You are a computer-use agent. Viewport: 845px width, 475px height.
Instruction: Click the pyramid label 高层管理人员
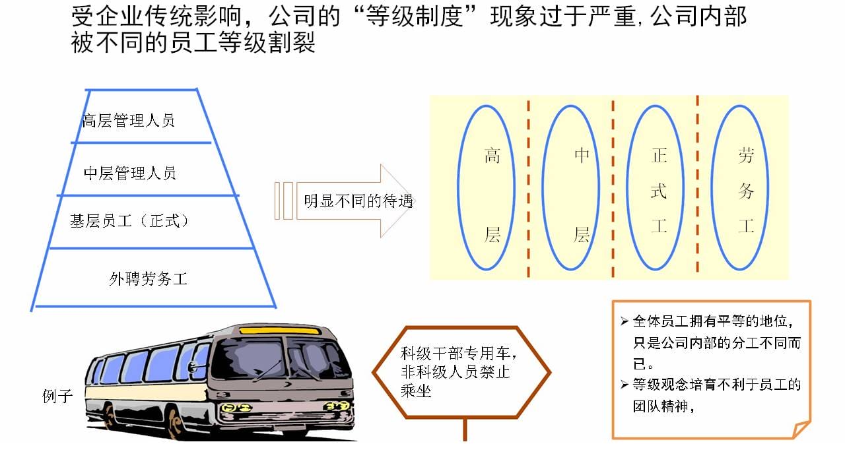tap(128, 121)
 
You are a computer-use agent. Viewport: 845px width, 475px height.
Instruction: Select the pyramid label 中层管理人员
tap(130, 174)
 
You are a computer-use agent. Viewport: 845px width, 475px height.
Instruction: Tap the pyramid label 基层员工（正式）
tap(129, 221)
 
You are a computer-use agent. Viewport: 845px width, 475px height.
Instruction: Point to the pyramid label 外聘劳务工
tap(149, 279)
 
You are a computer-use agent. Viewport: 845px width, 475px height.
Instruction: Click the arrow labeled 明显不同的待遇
tap(345, 201)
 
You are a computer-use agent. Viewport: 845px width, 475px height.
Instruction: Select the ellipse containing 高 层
tap(457, 188)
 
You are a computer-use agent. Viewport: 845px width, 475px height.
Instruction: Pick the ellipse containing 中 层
tap(542, 188)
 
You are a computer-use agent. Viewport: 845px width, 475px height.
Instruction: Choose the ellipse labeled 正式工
tap(626, 188)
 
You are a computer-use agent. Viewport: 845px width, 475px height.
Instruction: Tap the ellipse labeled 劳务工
tap(711, 188)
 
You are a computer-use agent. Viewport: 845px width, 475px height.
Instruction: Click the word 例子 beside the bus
tap(57, 396)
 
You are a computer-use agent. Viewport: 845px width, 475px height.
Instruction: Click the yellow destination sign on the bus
tap(280, 331)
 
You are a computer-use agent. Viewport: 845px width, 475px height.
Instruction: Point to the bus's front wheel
tap(174, 422)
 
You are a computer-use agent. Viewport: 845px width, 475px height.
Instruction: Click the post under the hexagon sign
tap(465, 429)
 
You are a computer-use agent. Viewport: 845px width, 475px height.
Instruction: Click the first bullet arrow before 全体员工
tap(625, 321)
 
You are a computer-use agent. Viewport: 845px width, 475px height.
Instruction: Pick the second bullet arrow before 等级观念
tap(625, 385)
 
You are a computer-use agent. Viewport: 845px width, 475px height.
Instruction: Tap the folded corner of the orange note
tap(800, 429)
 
